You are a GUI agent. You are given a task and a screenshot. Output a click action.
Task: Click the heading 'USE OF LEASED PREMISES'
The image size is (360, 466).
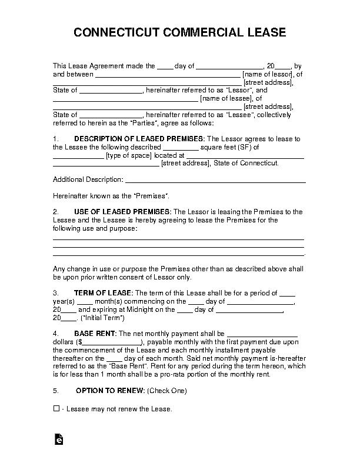click(x=122, y=212)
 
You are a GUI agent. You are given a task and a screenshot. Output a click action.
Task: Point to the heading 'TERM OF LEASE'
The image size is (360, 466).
click(x=103, y=293)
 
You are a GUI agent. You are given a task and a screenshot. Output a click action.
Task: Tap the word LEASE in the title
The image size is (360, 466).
click(x=266, y=32)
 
